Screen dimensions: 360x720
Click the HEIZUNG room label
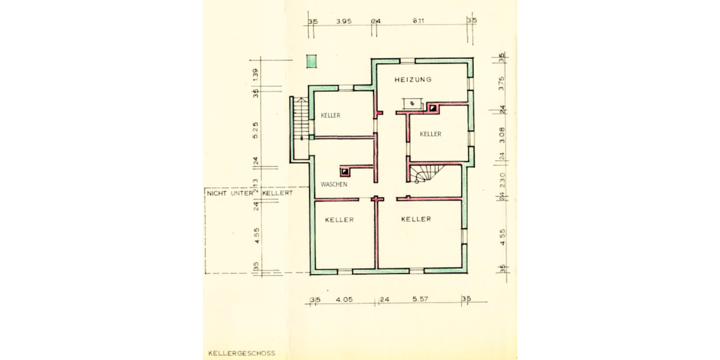[x=413, y=80]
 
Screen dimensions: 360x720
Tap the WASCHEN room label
[x=334, y=184]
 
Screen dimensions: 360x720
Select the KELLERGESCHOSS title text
[x=241, y=353]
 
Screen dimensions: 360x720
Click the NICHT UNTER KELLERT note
[x=248, y=194]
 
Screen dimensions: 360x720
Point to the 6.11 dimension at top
[x=419, y=21]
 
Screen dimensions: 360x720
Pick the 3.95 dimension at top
[x=343, y=21]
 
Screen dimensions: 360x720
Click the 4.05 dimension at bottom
[x=344, y=299]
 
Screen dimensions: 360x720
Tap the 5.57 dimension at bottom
[x=419, y=299]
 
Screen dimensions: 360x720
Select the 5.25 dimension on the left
[x=256, y=129]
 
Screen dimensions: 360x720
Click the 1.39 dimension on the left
[x=256, y=74]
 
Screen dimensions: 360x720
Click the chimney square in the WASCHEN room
[x=345, y=170]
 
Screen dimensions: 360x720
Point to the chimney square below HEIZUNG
[x=432, y=109]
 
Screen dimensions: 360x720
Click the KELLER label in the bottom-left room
[x=339, y=220]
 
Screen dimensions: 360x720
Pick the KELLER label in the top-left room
[x=330, y=115]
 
